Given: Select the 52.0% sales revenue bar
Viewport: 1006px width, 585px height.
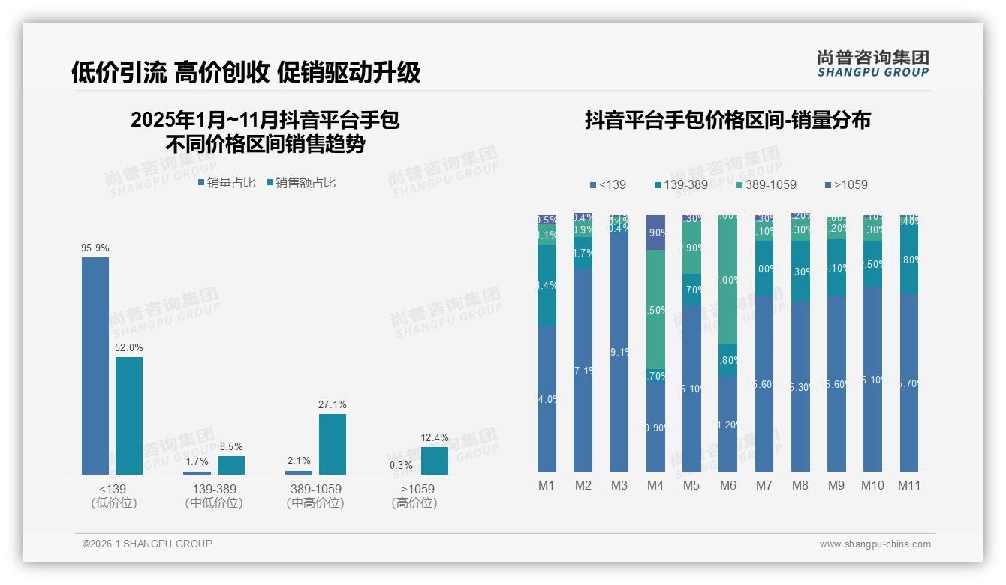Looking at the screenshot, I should pyautogui.click(x=129, y=415).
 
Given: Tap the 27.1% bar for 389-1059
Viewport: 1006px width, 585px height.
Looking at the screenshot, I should pyautogui.click(x=333, y=444).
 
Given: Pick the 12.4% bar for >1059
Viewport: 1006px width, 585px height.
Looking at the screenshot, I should pyautogui.click(x=435, y=460).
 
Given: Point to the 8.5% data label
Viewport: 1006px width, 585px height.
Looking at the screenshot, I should pyautogui.click(x=231, y=447).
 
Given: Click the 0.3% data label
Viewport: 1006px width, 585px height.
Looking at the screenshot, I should pyautogui.click(x=402, y=465).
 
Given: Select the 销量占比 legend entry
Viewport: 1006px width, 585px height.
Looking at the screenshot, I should pyautogui.click(x=227, y=183).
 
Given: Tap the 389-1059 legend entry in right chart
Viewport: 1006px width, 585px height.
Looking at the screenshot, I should pyautogui.click(x=766, y=184).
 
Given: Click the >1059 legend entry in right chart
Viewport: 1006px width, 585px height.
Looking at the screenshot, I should pyautogui.click(x=846, y=184).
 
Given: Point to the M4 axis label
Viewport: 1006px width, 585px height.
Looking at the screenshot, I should pyautogui.click(x=655, y=485).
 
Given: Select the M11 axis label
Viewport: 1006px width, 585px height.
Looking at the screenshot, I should pyautogui.click(x=909, y=485).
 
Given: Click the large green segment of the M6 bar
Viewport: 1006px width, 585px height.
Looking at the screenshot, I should pyautogui.click(x=728, y=280).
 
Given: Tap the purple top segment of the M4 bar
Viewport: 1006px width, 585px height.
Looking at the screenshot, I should pyautogui.click(x=655, y=232).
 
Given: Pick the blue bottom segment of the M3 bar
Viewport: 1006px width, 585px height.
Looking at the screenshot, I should pyautogui.click(x=619, y=352).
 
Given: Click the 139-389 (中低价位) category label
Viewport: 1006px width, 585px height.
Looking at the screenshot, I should pyautogui.click(x=214, y=496).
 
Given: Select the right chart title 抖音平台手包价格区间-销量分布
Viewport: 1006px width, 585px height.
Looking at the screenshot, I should pyautogui.click(x=727, y=121).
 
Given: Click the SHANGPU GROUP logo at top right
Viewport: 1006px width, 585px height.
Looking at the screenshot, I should pyautogui.click(x=872, y=63).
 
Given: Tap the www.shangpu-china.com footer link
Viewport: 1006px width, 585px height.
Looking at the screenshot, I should pyautogui.click(x=875, y=544).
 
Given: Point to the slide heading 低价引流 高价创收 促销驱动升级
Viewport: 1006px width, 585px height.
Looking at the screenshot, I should pyautogui.click(x=246, y=72).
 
